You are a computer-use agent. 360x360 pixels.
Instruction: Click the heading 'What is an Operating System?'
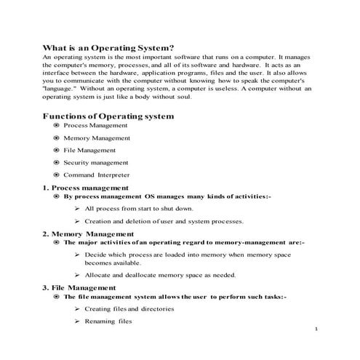pyautogui.click(x=109, y=44)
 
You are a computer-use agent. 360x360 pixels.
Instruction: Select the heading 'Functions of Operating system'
pyautogui.click(x=108, y=116)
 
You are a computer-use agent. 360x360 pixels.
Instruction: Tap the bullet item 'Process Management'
pyautogui.click(x=95, y=126)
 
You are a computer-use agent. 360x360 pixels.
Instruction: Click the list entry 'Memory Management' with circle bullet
pyautogui.click(x=97, y=137)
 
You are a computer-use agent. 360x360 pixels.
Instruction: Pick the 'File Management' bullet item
pyautogui.click(x=89, y=150)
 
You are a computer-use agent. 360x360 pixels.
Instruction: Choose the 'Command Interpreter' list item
pyautogui.click(x=97, y=175)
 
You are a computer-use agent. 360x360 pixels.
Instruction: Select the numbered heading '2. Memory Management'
pyautogui.click(x=88, y=233)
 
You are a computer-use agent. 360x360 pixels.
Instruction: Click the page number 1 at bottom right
pyautogui.click(x=318, y=329)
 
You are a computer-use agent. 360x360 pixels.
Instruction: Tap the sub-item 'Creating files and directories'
pyautogui.click(x=129, y=308)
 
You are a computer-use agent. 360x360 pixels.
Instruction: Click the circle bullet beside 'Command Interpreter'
pyautogui.click(x=56, y=175)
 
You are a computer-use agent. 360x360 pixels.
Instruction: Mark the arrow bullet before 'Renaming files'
pyautogui.click(x=77, y=321)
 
